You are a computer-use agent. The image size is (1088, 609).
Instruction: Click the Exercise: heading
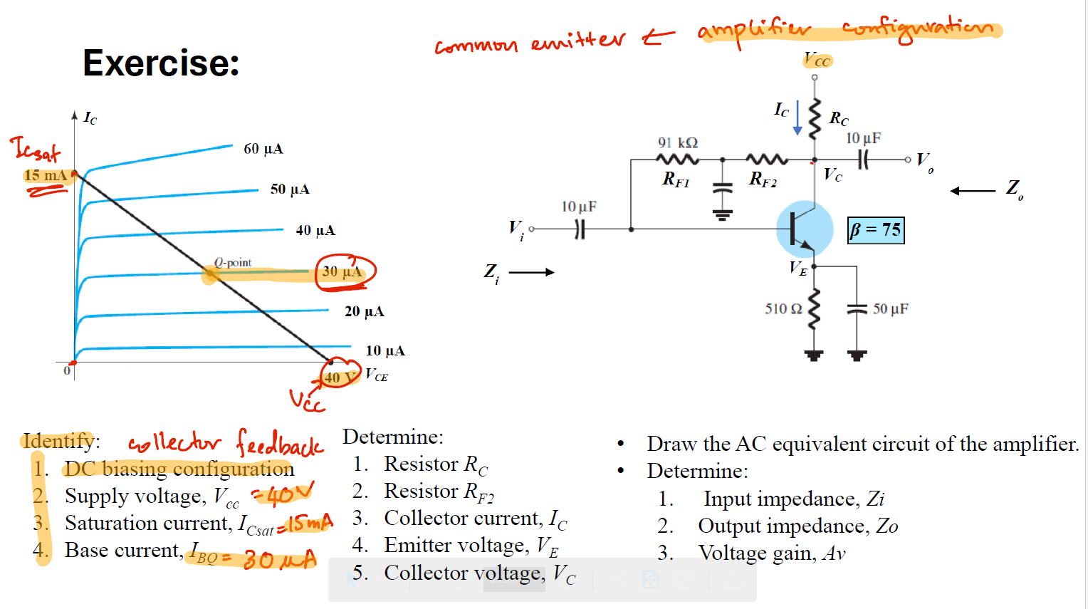[161, 63]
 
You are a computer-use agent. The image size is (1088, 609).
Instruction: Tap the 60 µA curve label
[263, 149]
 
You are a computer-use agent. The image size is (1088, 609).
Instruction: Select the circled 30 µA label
[342, 271]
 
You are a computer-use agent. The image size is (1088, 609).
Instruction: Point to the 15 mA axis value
[46, 175]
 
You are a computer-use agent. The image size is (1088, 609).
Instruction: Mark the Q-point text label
[233, 262]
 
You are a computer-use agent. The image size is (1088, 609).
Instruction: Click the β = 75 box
[876, 230]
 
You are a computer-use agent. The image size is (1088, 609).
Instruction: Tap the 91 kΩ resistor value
[678, 143]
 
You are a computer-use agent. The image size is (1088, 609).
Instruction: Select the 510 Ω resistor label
[783, 308]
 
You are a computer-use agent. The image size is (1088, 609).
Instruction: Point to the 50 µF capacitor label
[890, 308]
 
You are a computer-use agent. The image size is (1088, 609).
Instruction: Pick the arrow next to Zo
[973, 191]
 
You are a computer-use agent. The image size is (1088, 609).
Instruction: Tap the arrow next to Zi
[531, 272]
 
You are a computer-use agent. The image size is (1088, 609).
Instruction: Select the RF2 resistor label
[763, 179]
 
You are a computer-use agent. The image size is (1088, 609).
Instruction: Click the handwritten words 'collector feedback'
[226, 443]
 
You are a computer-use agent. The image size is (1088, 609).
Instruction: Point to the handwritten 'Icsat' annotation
[36, 149]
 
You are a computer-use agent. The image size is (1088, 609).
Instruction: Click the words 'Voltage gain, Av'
[772, 553]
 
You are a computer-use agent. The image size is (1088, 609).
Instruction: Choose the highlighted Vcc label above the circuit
[817, 60]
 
